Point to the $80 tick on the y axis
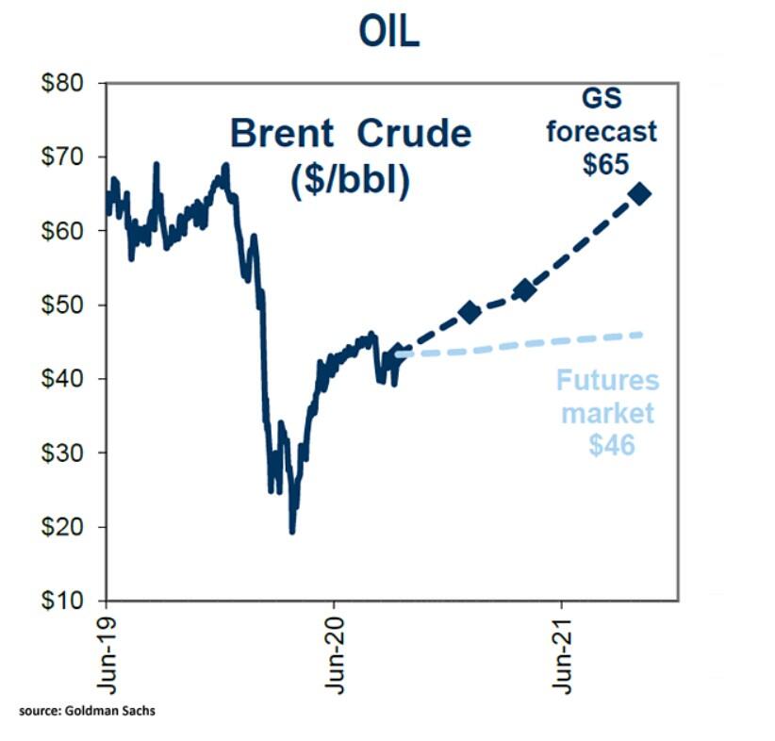coord(71,83)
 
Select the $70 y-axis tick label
coord(71,156)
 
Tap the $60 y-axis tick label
coord(71,231)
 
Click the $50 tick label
coord(71,305)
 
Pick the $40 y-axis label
coord(71,379)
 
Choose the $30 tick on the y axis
coord(71,453)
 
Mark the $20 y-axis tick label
coord(71,527)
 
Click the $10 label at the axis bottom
coord(71,601)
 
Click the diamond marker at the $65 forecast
coord(639,194)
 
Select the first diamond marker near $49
coord(470,312)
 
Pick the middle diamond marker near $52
coord(525,290)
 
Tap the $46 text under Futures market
coord(611,443)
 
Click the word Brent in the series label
coord(283,134)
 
